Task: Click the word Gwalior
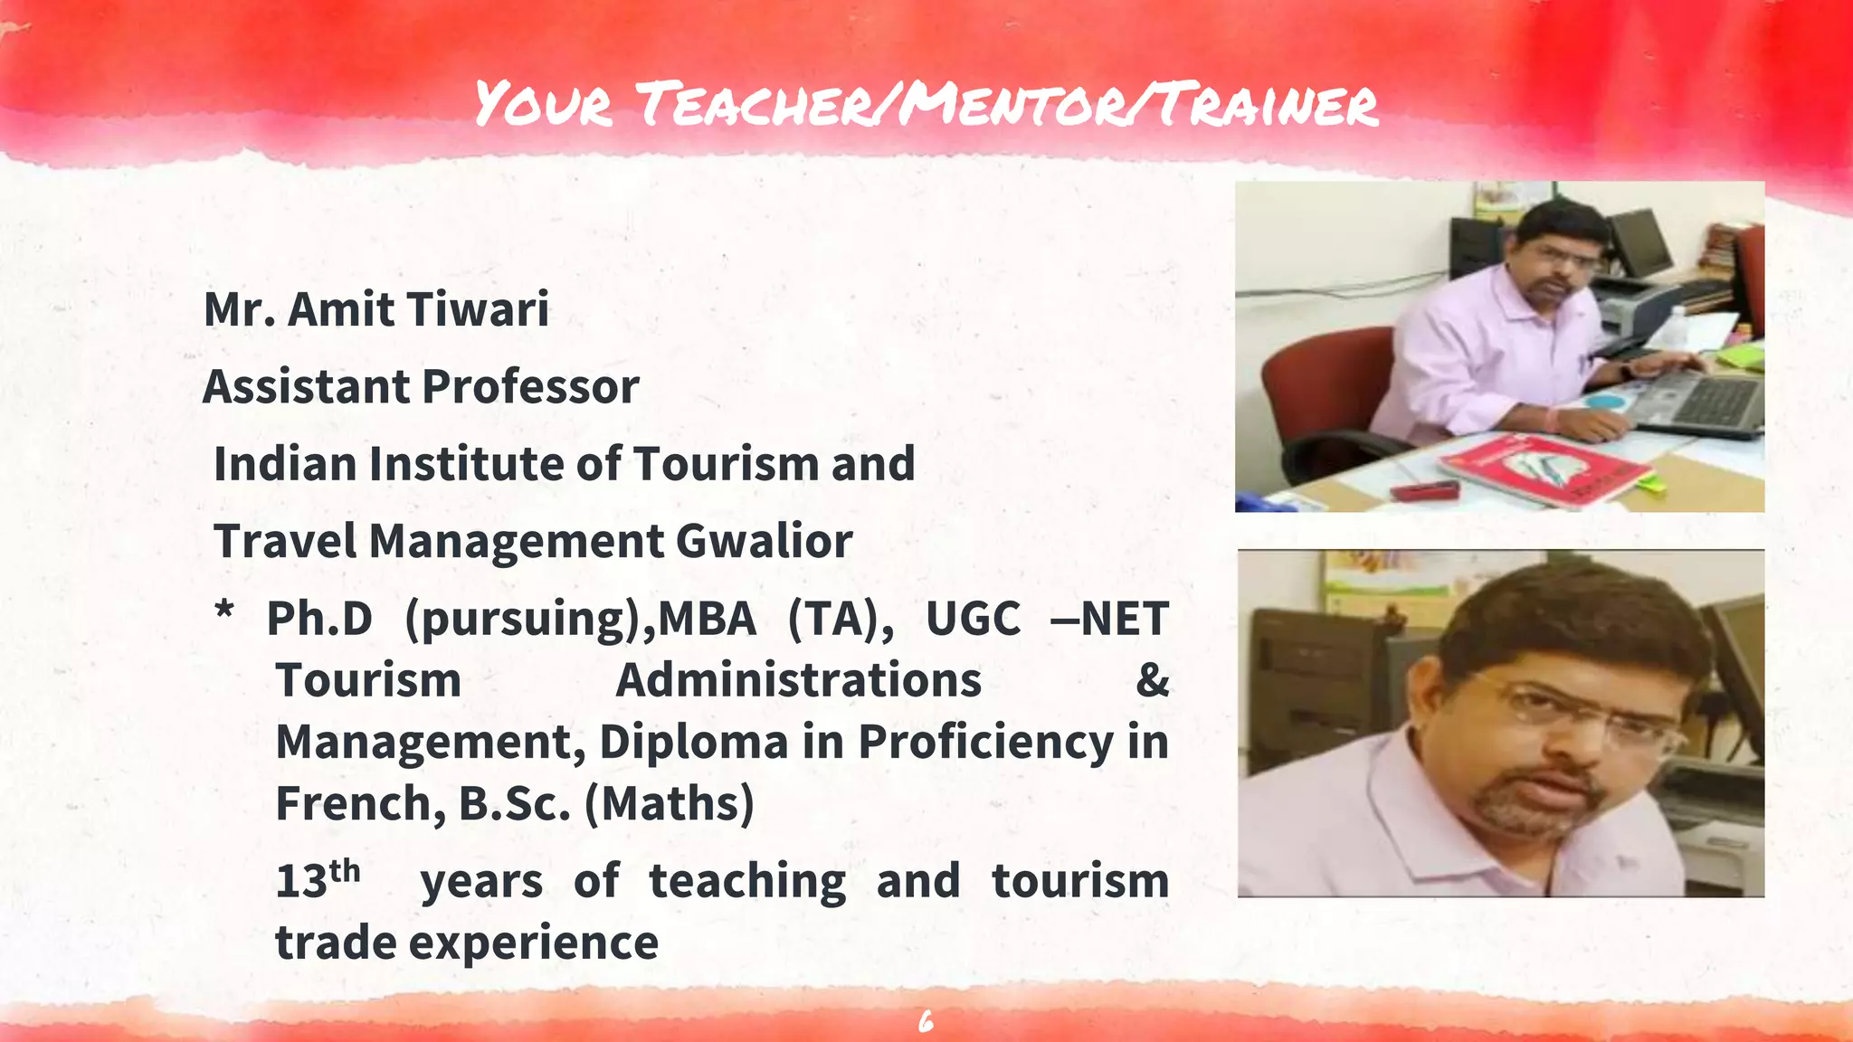[764, 541]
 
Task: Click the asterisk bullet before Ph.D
[223, 613]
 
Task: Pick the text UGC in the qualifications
[973, 620]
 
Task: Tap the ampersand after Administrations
[1152, 680]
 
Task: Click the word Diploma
[693, 743]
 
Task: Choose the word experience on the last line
[534, 943]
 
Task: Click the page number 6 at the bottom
[926, 1022]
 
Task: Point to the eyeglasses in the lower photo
[1579, 715]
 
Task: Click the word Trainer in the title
[1267, 104]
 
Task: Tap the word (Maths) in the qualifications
[670, 803]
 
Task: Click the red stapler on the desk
[1424, 491]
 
